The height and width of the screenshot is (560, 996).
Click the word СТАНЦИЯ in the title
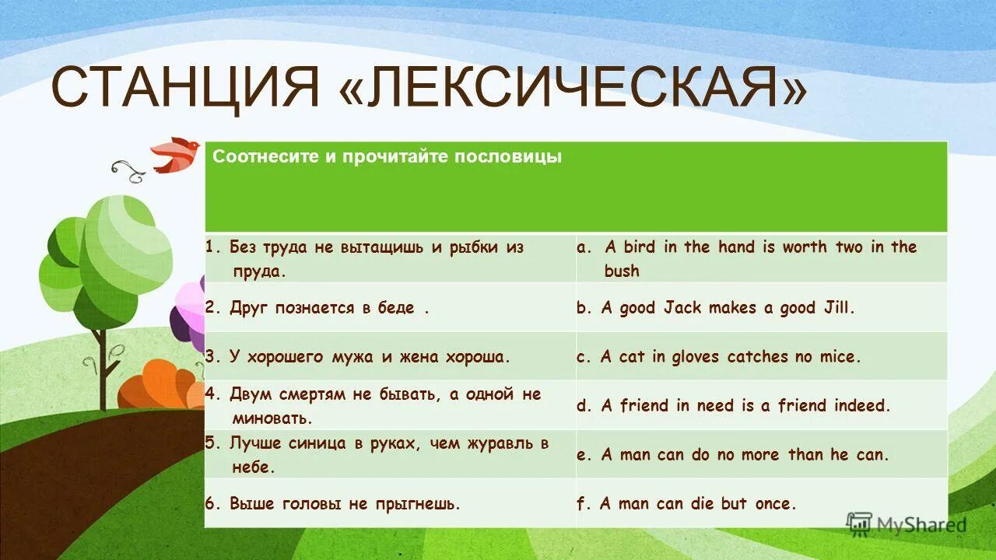(x=185, y=87)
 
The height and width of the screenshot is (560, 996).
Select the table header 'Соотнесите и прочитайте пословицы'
(x=388, y=157)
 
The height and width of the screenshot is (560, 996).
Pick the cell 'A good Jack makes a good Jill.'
(x=728, y=308)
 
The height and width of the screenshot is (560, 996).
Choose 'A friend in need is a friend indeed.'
(x=745, y=406)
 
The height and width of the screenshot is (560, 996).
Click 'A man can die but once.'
(x=698, y=504)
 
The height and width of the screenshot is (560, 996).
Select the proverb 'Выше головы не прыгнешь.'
(x=345, y=504)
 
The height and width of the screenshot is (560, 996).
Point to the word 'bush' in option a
(x=621, y=271)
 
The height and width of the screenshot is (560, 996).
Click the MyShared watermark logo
(x=906, y=524)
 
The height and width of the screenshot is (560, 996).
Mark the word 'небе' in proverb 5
(x=254, y=467)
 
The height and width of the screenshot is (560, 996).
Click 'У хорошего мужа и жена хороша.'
(x=370, y=357)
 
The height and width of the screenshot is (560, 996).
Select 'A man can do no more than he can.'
(x=745, y=455)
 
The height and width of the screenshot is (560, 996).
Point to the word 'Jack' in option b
(x=682, y=308)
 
